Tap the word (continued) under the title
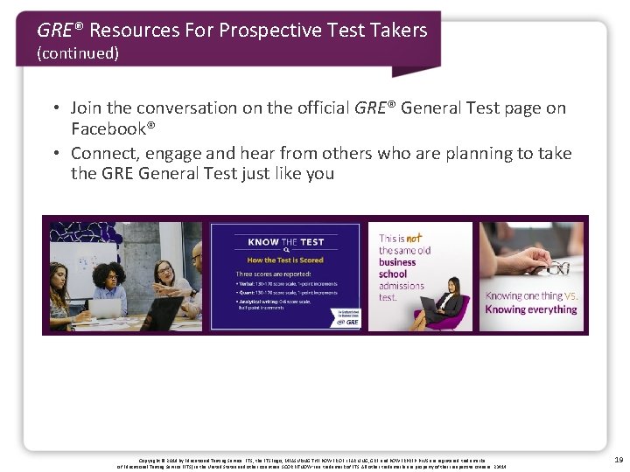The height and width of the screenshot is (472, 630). click(78, 53)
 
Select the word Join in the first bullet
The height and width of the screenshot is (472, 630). click(86, 108)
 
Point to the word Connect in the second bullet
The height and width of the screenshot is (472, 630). click(103, 153)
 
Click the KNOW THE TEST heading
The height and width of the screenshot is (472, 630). click(286, 242)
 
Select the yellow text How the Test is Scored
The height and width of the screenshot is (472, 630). click(286, 259)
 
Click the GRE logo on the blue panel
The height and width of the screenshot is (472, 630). click(346, 323)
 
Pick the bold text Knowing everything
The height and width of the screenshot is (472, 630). click(531, 309)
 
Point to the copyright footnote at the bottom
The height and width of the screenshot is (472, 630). click(315, 461)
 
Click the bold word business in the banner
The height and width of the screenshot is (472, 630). click(397, 262)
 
